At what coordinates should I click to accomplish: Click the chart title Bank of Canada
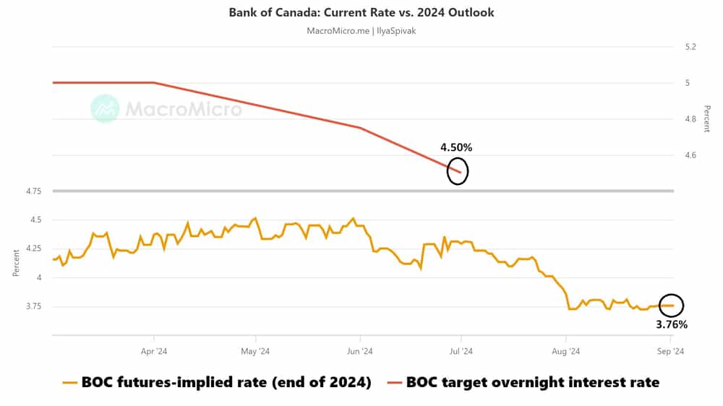[x=361, y=12]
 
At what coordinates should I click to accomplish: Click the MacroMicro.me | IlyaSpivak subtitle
[x=361, y=30]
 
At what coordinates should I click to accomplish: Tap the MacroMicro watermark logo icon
[x=106, y=108]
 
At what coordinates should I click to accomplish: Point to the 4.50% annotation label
[x=456, y=147]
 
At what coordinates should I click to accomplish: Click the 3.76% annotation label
[x=671, y=324]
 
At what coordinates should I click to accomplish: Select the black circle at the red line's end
[x=458, y=171]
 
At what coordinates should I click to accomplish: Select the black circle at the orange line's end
[x=672, y=305]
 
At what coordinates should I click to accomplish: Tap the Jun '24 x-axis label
[x=359, y=352]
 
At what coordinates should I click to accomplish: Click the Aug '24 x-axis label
[x=565, y=352]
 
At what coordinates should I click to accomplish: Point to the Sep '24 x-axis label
[x=669, y=352]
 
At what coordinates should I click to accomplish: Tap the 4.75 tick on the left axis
[x=33, y=191]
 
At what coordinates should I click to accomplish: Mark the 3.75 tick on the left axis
[x=33, y=306]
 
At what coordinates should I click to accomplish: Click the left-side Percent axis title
[x=16, y=264]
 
